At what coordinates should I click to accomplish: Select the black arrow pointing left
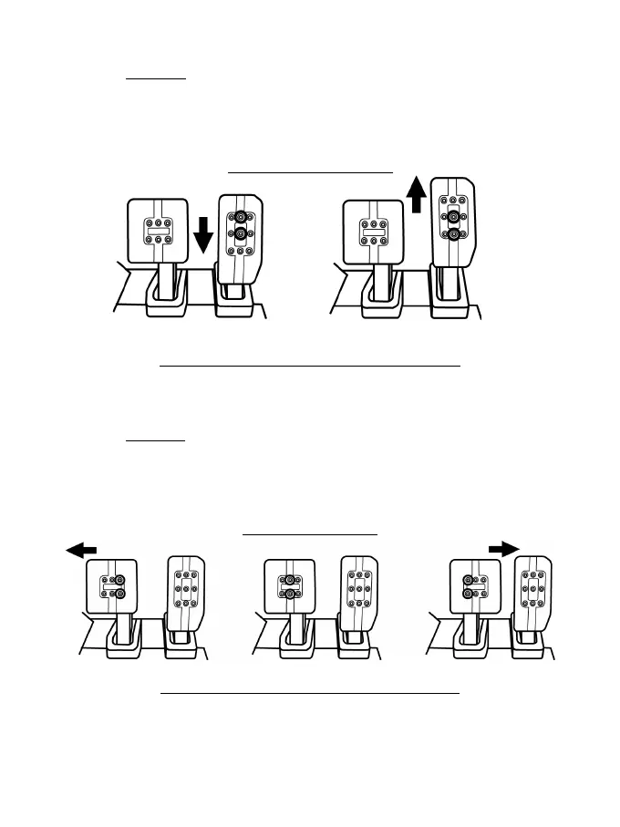coord(81,550)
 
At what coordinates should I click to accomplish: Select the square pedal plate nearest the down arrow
coord(159,231)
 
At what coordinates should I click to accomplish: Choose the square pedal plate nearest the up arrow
coord(372,233)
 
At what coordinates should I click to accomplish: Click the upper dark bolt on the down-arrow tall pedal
coord(242,217)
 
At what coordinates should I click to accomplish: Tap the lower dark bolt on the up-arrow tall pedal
coord(453,233)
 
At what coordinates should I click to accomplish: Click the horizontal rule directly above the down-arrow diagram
coord(310,171)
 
